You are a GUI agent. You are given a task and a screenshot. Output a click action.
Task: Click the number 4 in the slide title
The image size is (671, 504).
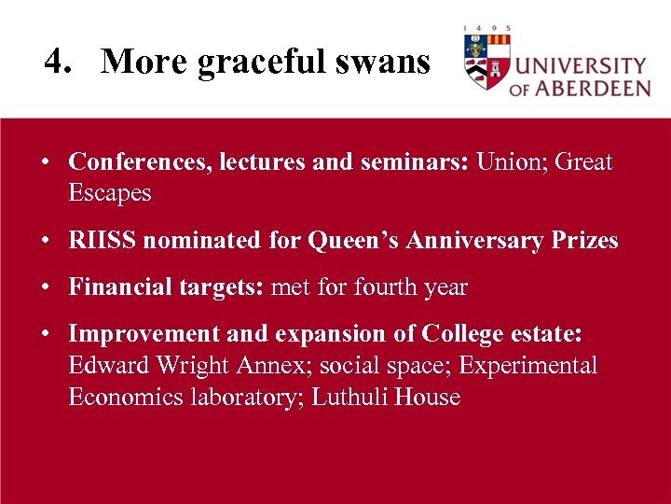point(54,63)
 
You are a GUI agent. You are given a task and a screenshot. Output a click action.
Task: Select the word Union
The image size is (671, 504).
point(511,162)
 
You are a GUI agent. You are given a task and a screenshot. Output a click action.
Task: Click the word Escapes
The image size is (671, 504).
point(109,194)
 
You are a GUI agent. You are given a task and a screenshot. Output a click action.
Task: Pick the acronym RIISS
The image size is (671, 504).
point(103,241)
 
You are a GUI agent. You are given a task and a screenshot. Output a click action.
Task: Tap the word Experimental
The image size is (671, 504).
point(527,366)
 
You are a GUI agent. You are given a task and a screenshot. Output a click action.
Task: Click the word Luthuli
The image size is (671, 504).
point(349,398)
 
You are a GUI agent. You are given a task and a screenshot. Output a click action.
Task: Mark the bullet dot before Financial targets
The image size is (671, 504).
point(46,287)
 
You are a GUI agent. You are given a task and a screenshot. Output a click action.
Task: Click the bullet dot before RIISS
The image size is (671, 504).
point(46,241)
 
